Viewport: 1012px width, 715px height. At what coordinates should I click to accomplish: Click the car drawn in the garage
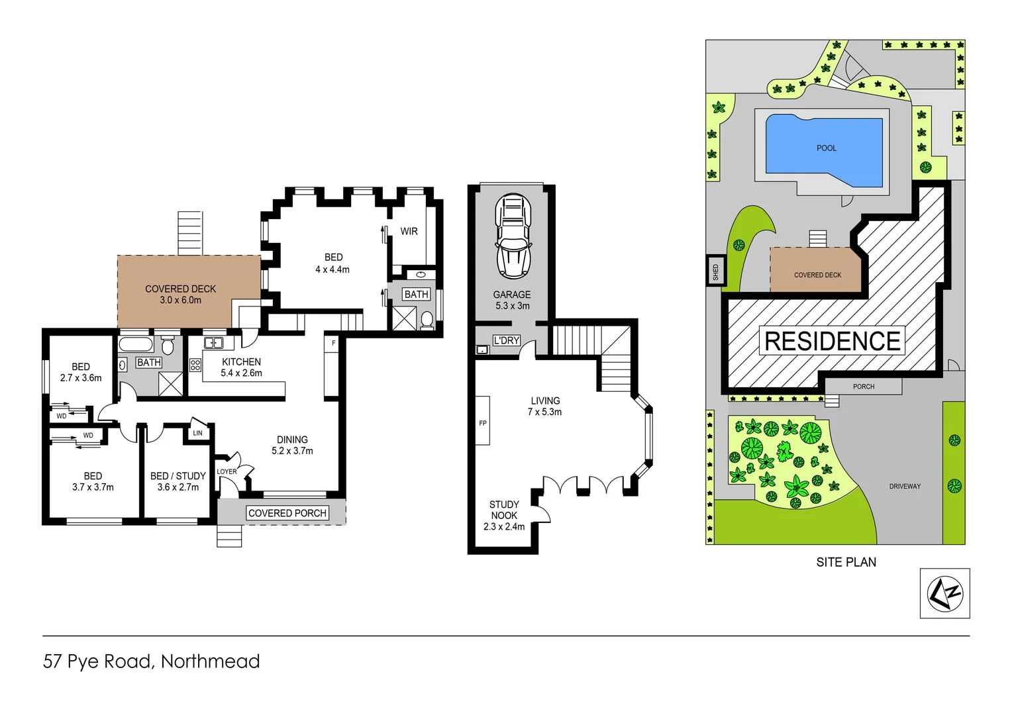click(x=513, y=236)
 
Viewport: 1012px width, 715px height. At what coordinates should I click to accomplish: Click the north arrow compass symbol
click(x=944, y=593)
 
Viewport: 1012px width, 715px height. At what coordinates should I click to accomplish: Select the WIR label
click(x=409, y=231)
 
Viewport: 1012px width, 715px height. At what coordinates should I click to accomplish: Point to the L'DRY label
click(x=506, y=340)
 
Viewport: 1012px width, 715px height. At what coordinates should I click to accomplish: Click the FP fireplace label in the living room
click(x=483, y=423)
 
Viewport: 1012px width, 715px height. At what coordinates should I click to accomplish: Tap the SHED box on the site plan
click(x=715, y=271)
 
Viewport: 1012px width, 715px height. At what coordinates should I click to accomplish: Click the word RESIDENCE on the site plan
click(x=832, y=341)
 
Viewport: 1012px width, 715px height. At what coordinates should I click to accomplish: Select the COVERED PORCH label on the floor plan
click(x=287, y=513)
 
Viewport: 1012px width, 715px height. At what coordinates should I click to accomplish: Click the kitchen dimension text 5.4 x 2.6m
click(x=241, y=373)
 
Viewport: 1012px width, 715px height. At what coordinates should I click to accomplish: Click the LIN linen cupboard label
click(x=197, y=433)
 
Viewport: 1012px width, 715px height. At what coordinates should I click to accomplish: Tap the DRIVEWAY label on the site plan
click(x=905, y=487)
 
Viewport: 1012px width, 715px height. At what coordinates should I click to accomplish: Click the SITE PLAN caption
click(x=846, y=562)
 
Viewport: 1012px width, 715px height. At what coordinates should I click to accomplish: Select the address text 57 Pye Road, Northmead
click(x=152, y=661)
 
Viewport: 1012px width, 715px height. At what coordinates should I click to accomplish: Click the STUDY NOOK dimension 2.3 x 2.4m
click(x=503, y=527)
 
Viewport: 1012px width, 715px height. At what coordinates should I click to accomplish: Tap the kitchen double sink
click(x=213, y=343)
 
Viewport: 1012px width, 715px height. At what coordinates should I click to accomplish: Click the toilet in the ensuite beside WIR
click(x=427, y=320)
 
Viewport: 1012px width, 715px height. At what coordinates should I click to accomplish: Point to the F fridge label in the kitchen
click(x=333, y=343)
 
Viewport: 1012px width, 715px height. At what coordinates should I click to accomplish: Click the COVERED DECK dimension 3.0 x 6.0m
click(x=180, y=301)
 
